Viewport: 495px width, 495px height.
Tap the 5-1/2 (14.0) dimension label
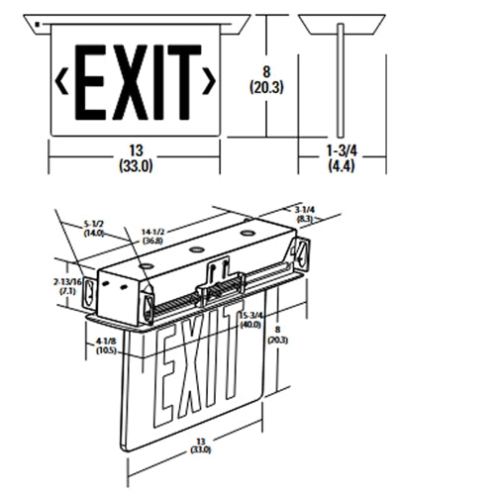tap(96, 231)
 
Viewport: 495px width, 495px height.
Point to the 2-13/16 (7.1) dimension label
tap(69, 287)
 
